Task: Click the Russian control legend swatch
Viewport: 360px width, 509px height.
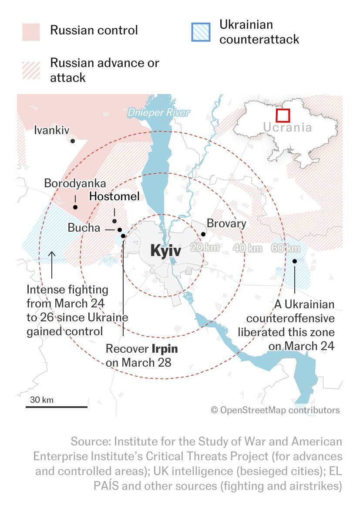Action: tap(31, 32)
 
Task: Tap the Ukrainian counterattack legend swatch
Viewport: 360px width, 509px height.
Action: tap(201, 32)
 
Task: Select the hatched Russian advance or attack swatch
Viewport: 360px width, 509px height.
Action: tap(31, 71)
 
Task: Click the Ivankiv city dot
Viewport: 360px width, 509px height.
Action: tap(73, 141)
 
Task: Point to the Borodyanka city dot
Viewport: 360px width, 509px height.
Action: tap(75, 207)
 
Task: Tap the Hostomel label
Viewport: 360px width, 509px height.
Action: tap(114, 196)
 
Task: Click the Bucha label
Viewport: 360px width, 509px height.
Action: tap(84, 228)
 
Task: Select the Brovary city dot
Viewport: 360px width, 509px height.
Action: tap(203, 234)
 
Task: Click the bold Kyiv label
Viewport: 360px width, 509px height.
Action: tap(165, 251)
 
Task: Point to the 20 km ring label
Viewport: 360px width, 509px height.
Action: tap(205, 248)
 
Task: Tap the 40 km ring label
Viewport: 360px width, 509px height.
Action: tap(248, 248)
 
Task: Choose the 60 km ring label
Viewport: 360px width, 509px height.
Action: tap(286, 248)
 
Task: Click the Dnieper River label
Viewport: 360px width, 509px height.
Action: tap(158, 113)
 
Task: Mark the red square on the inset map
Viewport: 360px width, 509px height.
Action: tap(283, 115)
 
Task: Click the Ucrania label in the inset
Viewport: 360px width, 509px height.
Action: tap(287, 128)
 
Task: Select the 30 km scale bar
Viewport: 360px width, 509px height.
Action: tap(56, 407)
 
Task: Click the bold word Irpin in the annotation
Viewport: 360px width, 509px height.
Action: tap(165, 349)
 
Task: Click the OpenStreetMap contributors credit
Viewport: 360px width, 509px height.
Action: tap(275, 410)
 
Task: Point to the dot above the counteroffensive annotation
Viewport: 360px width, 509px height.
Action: tap(295, 261)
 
